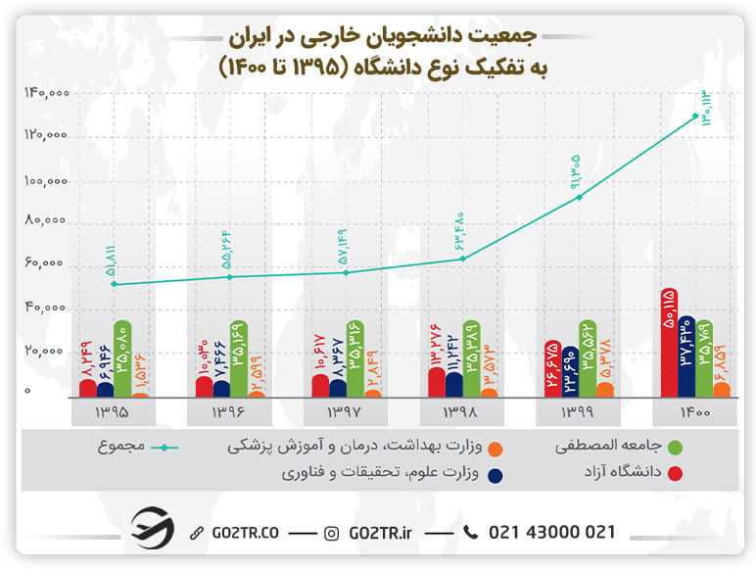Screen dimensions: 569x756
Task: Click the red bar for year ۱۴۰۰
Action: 669,343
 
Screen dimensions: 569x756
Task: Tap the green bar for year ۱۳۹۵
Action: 122,358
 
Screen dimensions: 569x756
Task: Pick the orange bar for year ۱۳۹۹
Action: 605,389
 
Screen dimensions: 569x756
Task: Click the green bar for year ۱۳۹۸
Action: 471,358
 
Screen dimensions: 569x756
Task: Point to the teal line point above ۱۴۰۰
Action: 695,116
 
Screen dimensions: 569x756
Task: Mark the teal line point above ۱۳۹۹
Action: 580,197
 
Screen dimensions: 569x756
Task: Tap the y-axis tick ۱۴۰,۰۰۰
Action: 44,93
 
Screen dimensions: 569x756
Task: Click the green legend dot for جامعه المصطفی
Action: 676,448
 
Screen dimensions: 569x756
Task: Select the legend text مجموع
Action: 120,446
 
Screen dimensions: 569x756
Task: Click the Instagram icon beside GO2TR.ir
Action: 332,533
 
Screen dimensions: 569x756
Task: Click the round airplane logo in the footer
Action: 152,529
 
